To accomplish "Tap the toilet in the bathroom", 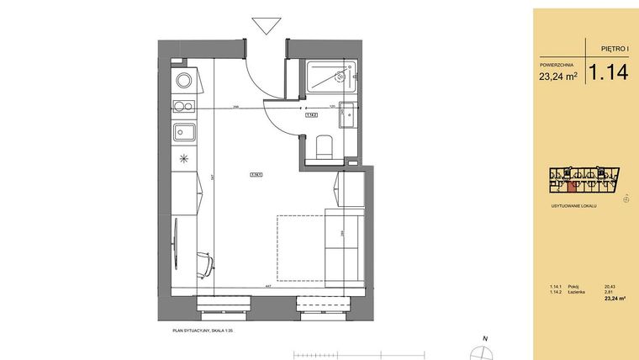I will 324,149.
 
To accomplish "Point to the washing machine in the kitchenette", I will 183,82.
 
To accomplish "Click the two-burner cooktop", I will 183,106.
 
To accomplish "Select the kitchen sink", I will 183,131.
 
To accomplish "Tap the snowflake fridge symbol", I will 182,157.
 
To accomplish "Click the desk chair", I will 203,264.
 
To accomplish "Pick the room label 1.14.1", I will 256,175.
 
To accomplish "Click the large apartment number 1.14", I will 608,72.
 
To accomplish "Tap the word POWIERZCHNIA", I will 557,64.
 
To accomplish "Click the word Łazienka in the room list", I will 577,292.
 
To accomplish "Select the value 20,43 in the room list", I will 610,287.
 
